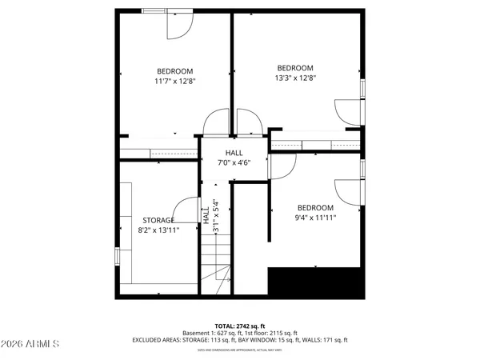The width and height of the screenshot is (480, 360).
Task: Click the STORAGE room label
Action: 158,220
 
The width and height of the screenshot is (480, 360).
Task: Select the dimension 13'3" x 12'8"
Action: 294,78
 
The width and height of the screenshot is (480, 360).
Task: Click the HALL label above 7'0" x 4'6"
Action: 234,153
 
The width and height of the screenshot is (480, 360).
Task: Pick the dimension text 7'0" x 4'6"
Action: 234,163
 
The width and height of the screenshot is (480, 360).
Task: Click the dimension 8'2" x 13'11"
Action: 158,230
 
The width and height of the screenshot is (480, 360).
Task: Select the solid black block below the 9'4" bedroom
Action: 316,282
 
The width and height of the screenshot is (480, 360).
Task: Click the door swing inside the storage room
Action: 187,210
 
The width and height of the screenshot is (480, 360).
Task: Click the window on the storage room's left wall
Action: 118,255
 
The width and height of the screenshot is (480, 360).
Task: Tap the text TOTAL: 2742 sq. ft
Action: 238,326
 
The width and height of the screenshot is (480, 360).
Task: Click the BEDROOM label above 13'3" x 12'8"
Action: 294,68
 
